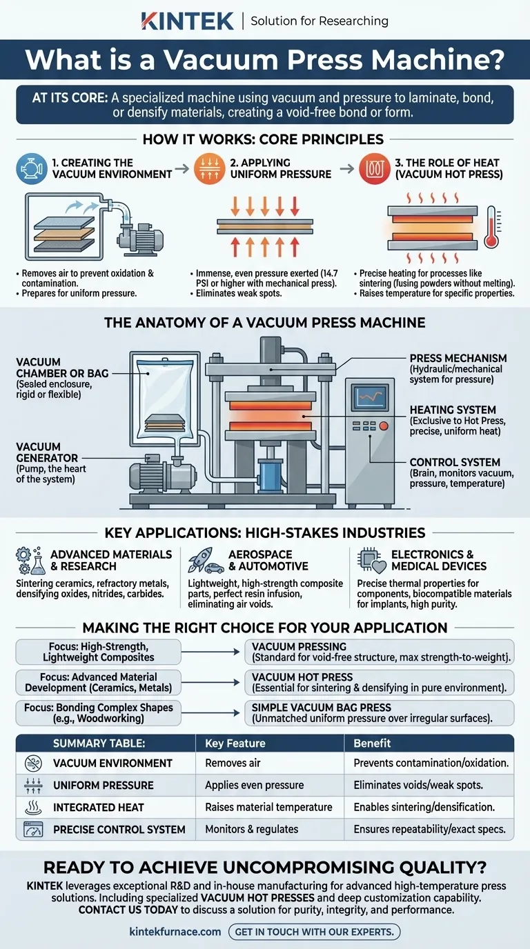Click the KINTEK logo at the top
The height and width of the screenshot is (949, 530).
(187, 21)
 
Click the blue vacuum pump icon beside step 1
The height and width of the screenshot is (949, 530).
(31, 168)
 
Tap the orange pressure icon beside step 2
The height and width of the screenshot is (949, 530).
(210, 168)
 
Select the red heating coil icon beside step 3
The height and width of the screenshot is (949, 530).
(375, 168)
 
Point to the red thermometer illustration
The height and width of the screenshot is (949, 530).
(492, 227)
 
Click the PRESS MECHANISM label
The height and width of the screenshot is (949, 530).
(458, 359)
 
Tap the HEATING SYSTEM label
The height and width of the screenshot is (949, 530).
(453, 410)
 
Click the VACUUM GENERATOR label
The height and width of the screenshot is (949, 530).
(47, 452)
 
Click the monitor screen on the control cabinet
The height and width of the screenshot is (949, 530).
(371, 397)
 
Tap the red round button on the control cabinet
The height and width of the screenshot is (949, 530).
(384, 426)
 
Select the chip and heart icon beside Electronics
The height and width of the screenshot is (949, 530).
(371, 560)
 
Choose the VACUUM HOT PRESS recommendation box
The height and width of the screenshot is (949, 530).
(379, 683)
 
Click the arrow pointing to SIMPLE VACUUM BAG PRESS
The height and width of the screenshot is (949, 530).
(210, 713)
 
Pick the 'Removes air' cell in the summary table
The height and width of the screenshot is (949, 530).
(233, 763)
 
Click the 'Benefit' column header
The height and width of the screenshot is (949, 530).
(372, 743)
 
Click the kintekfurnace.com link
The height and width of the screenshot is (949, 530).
(175, 932)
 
